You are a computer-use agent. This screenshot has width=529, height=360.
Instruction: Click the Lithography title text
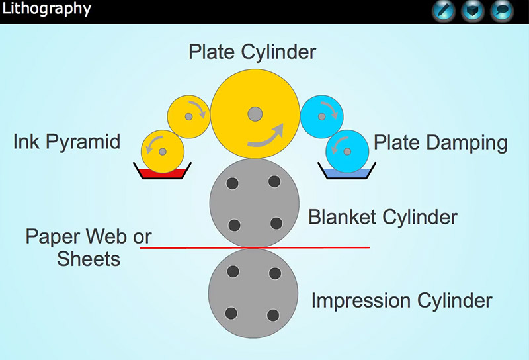[46, 9]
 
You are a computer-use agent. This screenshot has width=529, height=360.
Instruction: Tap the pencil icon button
[444, 11]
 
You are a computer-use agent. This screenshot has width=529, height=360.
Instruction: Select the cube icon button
[473, 11]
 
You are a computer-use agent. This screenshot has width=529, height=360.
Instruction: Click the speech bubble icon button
[502, 11]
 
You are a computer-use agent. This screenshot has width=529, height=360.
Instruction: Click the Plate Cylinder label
[253, 52]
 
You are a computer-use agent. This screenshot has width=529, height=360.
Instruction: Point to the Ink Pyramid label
[67, 142]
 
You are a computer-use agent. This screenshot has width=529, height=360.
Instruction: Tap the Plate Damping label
[440, 142]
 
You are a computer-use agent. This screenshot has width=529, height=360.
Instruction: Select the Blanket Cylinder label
[383, 217]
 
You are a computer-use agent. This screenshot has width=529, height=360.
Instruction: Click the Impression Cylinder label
[401, 300]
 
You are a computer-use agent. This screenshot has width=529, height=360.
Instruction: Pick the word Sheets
[89, 259]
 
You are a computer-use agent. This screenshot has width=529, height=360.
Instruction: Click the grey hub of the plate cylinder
[255, 114]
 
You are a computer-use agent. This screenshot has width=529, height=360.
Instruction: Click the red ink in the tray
[163, 173]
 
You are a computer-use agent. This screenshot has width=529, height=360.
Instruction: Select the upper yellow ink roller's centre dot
[189, 116]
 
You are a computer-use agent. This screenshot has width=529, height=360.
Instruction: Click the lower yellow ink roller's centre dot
[163, 152]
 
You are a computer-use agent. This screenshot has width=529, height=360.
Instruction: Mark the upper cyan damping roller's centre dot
[322, 116]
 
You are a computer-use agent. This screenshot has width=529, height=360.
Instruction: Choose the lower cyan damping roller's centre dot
[347, 152]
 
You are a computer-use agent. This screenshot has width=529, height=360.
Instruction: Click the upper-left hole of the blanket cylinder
[233, 183]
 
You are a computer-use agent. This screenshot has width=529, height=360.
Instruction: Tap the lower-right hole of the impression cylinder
[273, 316]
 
